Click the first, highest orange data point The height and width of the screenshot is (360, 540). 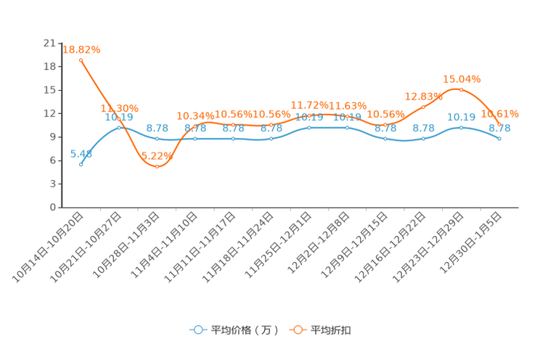tap(81, 59)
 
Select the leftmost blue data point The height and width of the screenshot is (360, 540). tap(81, 164)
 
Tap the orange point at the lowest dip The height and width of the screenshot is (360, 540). tap(157, 166)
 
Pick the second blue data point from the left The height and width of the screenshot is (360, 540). tap(120, 127)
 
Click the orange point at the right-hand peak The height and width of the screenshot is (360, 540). tap(460, 89)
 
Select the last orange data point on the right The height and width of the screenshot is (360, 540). tap(499, 124)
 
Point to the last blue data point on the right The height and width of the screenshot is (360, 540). tap(499, 138)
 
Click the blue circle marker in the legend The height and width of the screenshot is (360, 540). tap(197, 330)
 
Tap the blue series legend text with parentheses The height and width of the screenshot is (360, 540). tap(244, 330)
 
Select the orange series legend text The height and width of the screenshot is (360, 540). tap(332, 330)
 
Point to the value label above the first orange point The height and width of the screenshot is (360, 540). tap(82, 49)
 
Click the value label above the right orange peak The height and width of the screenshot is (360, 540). tap(462, 78)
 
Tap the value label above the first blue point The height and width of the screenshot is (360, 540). tap(81, 154)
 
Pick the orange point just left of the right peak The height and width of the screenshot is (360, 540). tap(423, 107)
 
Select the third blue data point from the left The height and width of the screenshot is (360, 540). tap(157, 139)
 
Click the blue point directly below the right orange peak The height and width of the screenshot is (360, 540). tap(461, 128)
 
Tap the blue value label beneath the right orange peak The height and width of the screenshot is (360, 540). tap(461, 117)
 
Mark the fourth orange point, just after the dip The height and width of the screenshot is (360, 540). tap(195, 126)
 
